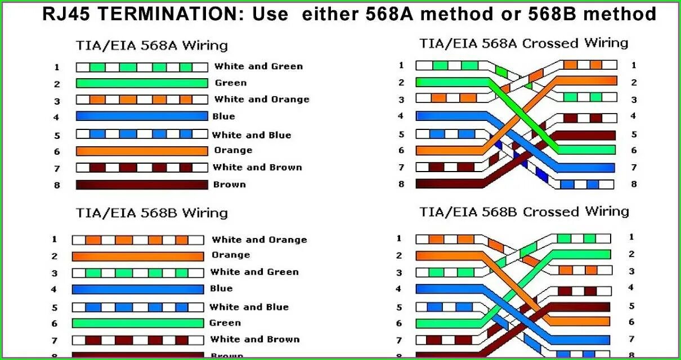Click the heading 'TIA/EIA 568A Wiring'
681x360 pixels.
tap(151, 45)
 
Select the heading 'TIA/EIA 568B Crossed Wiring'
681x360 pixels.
tap(524, 212)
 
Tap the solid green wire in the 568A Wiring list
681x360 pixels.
tap(142, 83)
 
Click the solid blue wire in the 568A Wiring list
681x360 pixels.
tap(142, 116)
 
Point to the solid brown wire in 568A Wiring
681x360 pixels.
tap(142, 184)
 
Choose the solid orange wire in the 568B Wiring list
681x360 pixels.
tap(138, 256)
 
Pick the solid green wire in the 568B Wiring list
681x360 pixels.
tap(138, 323)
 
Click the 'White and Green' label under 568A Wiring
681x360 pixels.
tap(258, 66)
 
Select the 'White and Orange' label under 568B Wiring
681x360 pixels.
tap(259, 240)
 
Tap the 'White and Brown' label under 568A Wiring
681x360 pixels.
tap(257, 167)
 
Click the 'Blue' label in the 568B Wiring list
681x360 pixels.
tap(221, 289)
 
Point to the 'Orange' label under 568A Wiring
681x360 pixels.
tap(233, 150)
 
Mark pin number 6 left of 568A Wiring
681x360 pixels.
tap(57, 151)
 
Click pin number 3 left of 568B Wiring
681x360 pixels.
tap(55, 273)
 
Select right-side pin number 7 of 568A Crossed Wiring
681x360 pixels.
tap(634, 167)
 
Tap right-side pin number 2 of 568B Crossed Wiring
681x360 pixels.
tap(631, 254)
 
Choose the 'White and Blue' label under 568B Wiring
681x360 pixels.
tap(249, 307)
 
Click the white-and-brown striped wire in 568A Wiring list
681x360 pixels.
tap(142, 168)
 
